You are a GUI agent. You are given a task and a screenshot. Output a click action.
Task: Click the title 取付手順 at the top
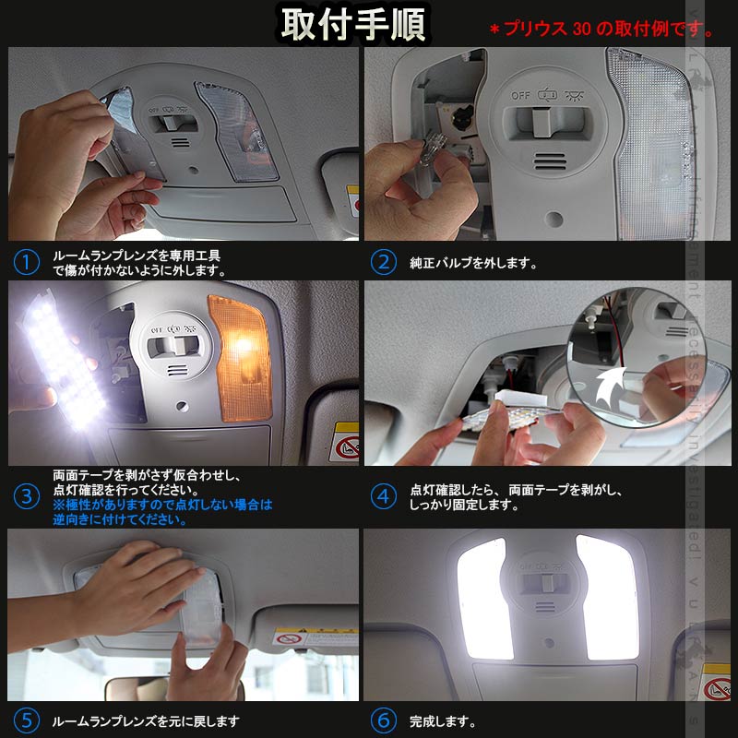(x=354, y=25)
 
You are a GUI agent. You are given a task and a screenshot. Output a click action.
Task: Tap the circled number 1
(x=27, y=262)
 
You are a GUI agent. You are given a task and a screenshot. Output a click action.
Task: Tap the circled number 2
(x=383, y=262)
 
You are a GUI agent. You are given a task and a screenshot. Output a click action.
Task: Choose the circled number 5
(x=27, y=720)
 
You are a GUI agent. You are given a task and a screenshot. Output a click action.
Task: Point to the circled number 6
(x=383, y=720)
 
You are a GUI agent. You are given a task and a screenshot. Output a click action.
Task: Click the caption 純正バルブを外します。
(x=472, y=263)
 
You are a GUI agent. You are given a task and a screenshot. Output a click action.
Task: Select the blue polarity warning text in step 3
(x=161, y=512)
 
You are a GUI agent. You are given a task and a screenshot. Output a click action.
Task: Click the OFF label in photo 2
(x=521, y=95)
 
